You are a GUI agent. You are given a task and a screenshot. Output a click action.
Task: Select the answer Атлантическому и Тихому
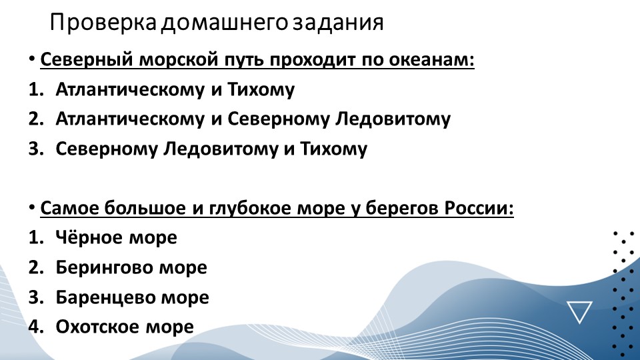coord(175,90)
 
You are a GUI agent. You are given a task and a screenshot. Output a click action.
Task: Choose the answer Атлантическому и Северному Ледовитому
coord(253,119)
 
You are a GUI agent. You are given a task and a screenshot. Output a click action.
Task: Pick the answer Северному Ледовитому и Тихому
coord(211,149)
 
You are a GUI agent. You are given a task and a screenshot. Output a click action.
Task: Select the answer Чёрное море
coord(117,237)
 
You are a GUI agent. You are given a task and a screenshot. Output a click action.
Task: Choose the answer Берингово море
coord(131,267)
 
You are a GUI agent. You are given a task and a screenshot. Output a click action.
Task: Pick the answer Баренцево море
coord(132,297)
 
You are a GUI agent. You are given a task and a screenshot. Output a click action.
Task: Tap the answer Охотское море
coord(125,327)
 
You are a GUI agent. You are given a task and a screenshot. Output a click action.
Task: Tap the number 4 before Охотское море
coord(35,327)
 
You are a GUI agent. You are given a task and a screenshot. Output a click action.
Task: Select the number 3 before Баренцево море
coord(35,297)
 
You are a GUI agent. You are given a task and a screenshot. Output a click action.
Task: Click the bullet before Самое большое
coord(32,207)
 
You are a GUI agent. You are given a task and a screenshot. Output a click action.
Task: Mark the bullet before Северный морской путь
coord(32,60)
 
